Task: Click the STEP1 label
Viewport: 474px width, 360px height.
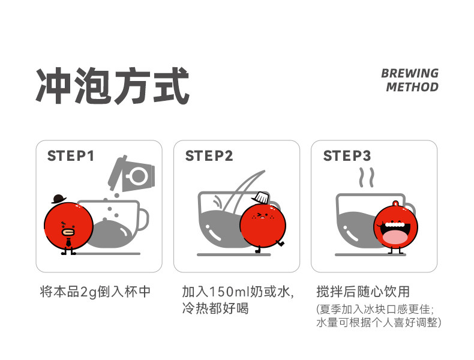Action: coord(71,156)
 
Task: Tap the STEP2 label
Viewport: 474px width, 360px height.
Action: coord(209,156)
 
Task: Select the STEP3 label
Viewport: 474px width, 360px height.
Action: coord(347,156)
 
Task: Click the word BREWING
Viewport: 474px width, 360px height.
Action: coord(410,73)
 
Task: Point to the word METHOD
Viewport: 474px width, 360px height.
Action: coord(412,87)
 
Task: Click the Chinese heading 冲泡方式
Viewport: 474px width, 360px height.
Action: coord(112,86)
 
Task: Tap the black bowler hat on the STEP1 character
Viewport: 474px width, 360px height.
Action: coord(59,199)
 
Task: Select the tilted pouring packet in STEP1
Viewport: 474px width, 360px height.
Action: coord(132,174)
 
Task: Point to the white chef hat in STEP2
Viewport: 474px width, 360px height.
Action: coord(260,197)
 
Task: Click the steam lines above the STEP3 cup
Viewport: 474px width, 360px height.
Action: coord(367,178)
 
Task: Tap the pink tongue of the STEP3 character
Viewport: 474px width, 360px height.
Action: coord(395,236)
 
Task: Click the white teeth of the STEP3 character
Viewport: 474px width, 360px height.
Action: coord(395,224)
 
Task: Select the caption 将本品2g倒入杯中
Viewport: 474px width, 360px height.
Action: coord(95,292)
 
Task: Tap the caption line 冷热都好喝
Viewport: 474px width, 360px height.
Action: coord(215,308)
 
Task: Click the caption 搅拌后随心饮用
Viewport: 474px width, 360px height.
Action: coord(363,292)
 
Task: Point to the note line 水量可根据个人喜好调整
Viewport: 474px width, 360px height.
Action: coord(377,322)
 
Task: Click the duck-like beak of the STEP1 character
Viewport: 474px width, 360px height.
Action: coord(68,232)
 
